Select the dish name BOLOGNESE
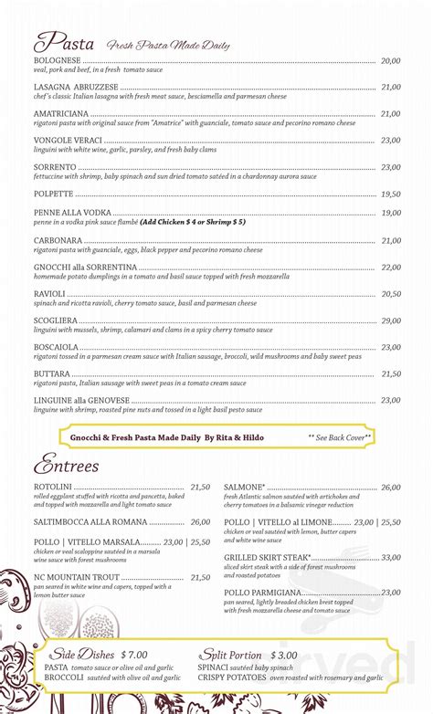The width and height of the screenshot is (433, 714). coord(57,61)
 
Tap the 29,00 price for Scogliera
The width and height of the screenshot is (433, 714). coord(391,320)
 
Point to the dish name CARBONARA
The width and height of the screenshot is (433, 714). coord(58,241)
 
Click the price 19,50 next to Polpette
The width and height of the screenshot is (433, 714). coord(391,194)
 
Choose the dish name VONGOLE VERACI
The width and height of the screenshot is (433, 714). coord(68,141)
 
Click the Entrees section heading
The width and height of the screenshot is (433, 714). coord(66,467)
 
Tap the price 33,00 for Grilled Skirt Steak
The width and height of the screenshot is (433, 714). coord(391,557)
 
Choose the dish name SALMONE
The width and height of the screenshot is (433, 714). coord(245,488)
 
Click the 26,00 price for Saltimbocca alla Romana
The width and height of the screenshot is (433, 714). coord(200,521)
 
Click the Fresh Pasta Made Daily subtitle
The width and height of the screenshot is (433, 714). coord(167,45)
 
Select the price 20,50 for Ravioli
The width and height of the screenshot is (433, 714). coord(391,294)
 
